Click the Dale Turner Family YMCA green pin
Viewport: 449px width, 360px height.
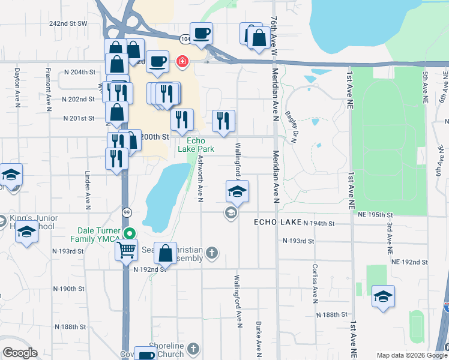[128, 234]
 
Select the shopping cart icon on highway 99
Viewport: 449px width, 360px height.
[126, 250]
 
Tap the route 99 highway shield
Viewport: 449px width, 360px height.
[127, 212]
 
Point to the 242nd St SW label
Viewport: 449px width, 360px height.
[68, 23]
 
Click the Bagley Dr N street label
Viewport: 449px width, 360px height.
[292, 130]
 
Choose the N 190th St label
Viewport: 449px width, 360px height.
[69, 289]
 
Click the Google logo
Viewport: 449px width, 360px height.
[20, 353]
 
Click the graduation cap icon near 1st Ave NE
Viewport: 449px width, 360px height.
[383, 296]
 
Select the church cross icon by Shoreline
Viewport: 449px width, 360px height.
[193, 348]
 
